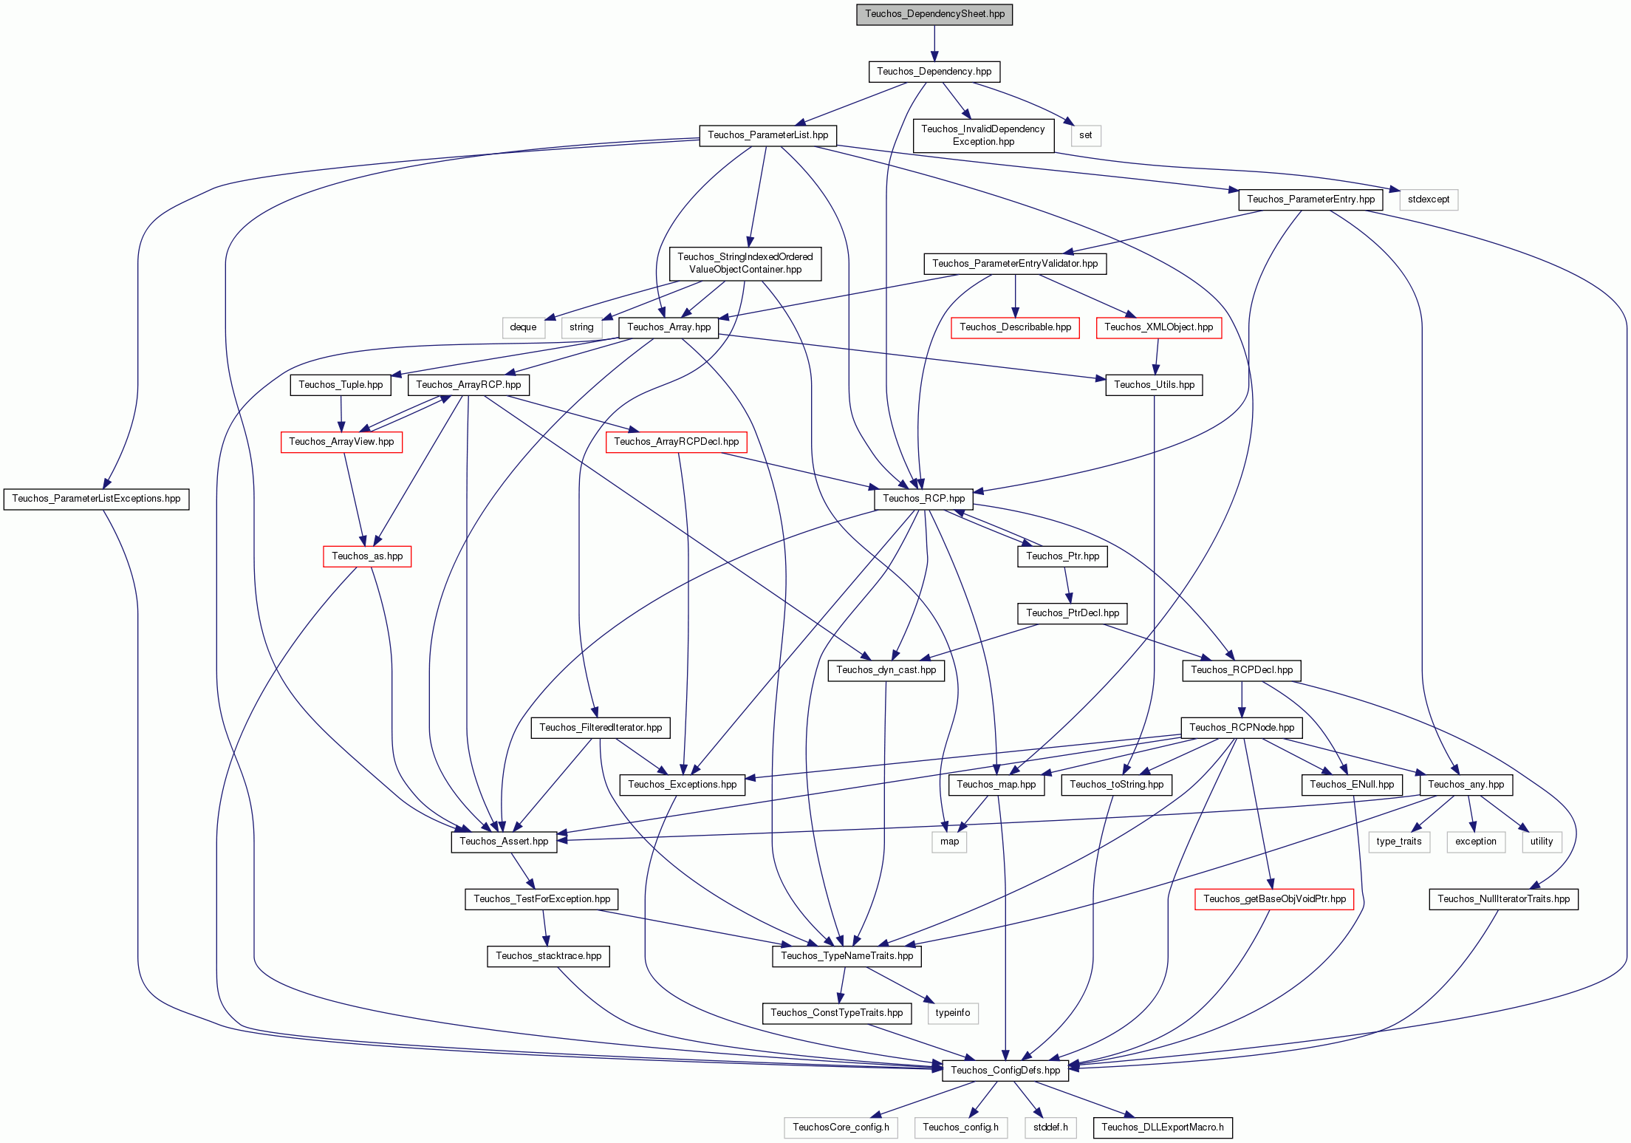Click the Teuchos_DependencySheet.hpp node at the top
(x=934, y=14)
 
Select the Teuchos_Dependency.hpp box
(x=934, y=72)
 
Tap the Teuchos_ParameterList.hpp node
(x=768, y=135)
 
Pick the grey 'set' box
(x=1086, y=135)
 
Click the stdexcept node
(x=1429, y=199)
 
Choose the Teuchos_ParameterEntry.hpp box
(x=1311, y=199)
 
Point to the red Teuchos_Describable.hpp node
(x=1016, y=327)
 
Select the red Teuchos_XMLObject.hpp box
(x=1159, y=327)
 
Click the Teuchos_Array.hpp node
(x=669, y=327)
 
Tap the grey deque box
(x=524, y=327)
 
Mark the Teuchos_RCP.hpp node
(x=924, y=499)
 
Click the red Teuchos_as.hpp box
(x=367, y=556)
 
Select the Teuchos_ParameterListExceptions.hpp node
(x=97, y=499)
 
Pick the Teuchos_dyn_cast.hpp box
(x=886, y=670)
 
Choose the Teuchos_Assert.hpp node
(x=505, y=842)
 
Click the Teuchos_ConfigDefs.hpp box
(x=1005, y=1071)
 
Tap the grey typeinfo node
(x=953, y=1013)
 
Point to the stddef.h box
(x=1050, y=1127)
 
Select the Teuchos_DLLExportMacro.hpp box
(x=1163, y=1127)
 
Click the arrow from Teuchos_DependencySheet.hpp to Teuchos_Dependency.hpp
(x=934, y=43)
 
